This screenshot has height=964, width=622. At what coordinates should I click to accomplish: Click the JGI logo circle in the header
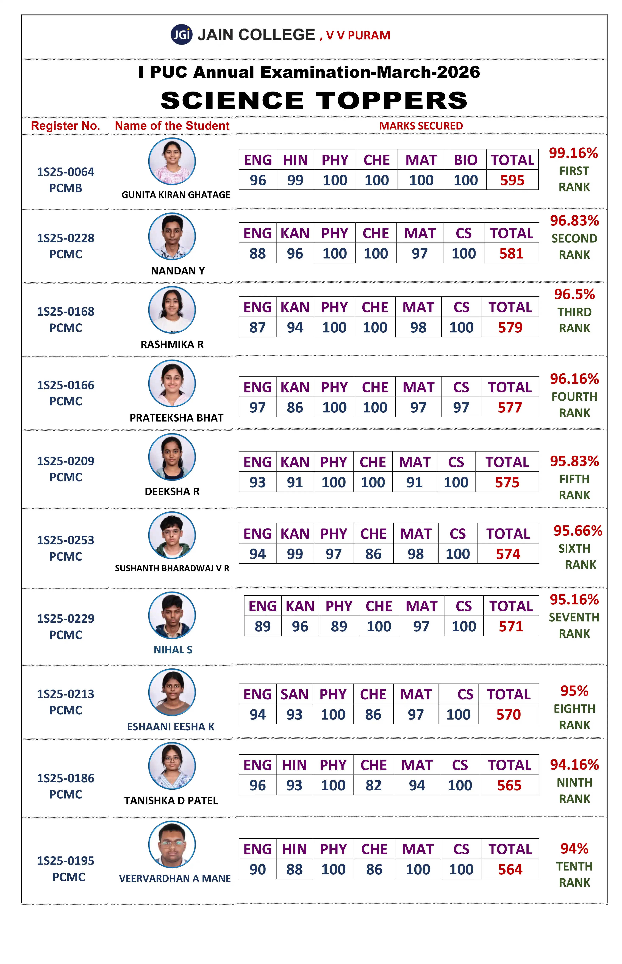(x=181, y=35)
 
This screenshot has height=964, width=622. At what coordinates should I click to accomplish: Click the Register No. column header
(x=65, y=126)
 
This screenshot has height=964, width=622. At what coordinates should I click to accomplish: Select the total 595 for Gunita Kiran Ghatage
(x=512, y=180)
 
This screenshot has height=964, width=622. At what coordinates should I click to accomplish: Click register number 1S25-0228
(x=66, y=238)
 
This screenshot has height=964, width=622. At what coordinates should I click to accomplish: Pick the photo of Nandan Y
(x=172, y=236)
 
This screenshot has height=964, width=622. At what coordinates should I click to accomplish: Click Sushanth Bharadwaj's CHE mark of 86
(x=373, y=554)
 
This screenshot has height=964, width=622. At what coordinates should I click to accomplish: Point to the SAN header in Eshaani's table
(x=295, y=694)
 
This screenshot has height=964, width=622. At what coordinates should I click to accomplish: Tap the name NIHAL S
(x=173, y=650)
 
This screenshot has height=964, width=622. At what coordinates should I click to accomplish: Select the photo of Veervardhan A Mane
(x=172, y=844)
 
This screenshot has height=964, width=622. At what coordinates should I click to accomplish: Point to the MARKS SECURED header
(x=421, y=126)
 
